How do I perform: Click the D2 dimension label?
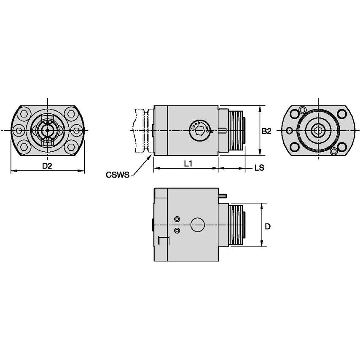coord(47,166)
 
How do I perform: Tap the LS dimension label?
coord(259,168)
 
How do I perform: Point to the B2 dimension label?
coord(266,131)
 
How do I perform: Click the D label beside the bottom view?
coord(267,226)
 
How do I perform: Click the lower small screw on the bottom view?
coord(177,231)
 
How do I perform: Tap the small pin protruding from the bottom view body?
coord(223,195)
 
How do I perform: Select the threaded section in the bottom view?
coord(237,226)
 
